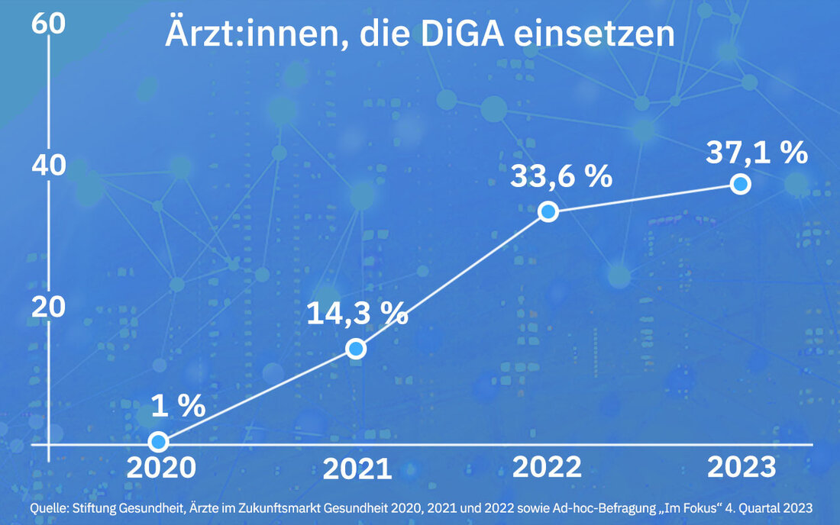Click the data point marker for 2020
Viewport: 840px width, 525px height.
tap(158, 441)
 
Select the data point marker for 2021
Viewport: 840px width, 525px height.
tap(356, 349)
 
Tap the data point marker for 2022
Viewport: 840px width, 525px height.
tap(548, 212)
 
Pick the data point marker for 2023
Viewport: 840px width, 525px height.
tap(739, 184)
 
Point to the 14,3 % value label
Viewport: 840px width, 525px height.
tap(357, 314)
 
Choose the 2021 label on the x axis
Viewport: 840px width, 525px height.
tap(357, 469)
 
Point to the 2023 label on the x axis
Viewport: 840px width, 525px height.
tap(741, 467)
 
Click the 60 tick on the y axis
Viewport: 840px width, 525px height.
tap(47, 22)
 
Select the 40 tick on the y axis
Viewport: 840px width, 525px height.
tap(47, 166)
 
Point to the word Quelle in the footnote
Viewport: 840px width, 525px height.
tap(49, 507)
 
